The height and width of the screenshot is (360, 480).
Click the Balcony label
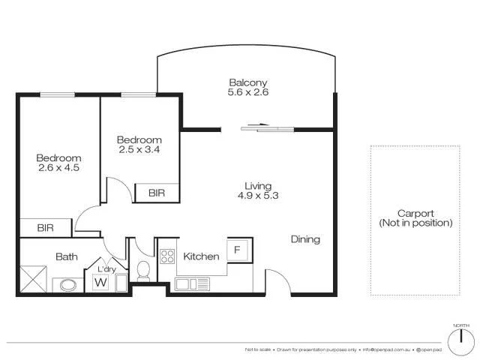(248, 82)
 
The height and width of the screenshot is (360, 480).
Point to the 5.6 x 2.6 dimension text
(248, 93)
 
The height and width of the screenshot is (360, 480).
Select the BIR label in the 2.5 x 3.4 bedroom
(156, 193)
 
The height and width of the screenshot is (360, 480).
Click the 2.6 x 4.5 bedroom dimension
(58, 168)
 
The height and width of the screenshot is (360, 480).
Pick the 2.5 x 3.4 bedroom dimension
(139, 150)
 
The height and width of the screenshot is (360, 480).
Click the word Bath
(67, 256)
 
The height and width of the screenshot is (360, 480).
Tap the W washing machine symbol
(100, 283)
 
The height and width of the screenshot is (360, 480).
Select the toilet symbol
(145, 270)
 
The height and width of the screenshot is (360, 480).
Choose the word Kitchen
(201, 256)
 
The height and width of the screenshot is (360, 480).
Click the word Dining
(305, 240)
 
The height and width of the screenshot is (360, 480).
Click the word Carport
(415, 213)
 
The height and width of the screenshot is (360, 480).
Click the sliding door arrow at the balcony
(259, 126)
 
